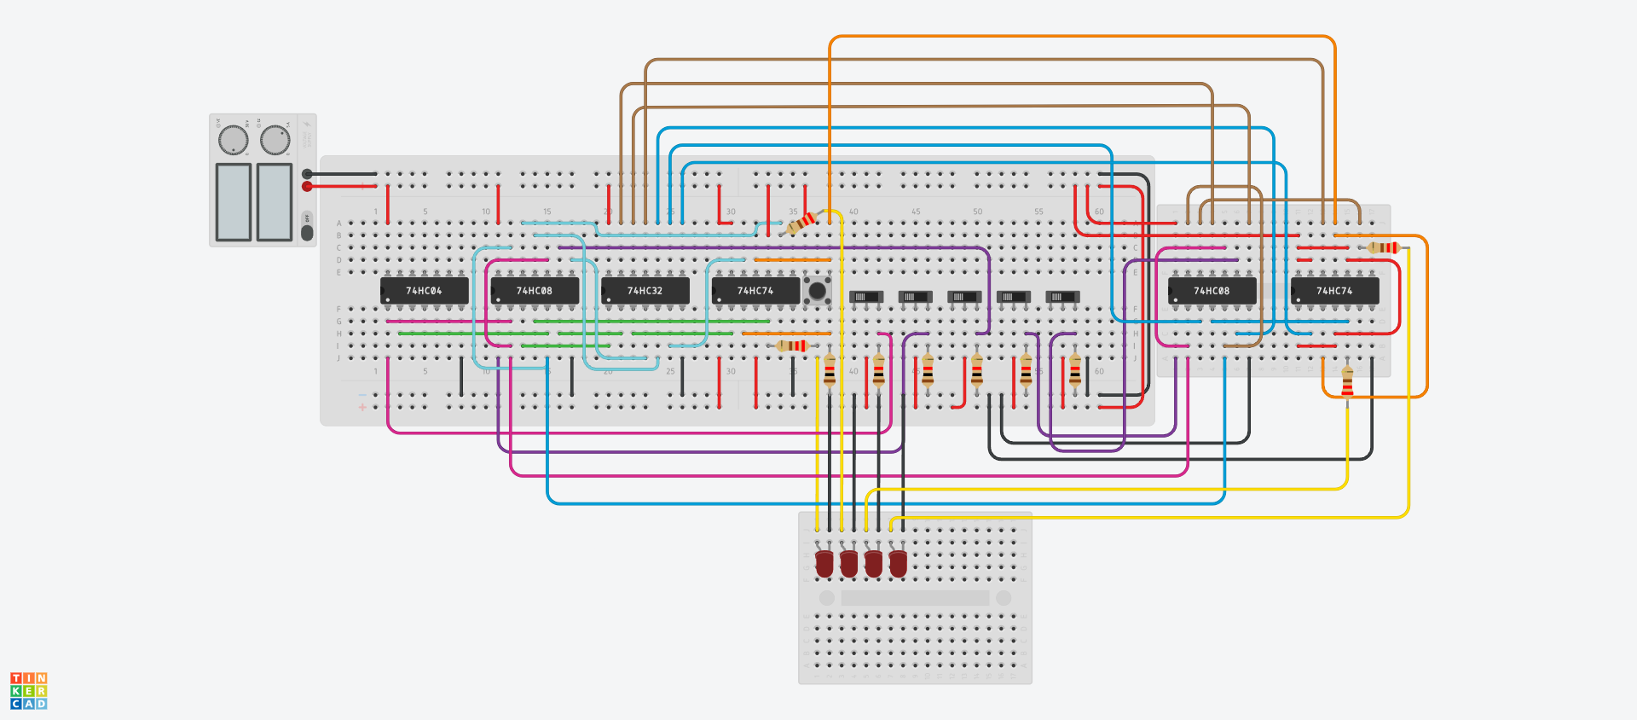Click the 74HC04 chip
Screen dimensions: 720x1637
(424, 291)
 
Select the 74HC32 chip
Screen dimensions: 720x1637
(645, 291)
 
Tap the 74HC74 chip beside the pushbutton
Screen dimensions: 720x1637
(755, 291)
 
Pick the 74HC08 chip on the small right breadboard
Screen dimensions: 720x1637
(1212, 291)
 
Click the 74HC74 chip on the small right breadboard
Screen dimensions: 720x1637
(1334, 291)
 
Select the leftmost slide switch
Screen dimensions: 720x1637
(865, 297)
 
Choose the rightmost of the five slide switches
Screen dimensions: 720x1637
(1062, 297)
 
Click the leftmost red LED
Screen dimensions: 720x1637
(824, 563)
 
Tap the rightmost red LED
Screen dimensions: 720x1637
(898, 563)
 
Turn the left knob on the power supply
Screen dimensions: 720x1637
(233, 140)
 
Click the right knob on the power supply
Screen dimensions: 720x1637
(275, 140)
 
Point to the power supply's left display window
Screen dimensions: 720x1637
(234, 202)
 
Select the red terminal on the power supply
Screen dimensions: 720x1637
(307, 186)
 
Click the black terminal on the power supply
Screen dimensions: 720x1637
(307, 174)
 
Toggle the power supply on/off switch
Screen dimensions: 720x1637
(307, 231)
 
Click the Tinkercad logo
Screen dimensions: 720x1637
(29, 691)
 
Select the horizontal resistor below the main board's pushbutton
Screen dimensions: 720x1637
(791, 345)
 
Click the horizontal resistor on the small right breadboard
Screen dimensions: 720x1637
(1383, 247)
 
